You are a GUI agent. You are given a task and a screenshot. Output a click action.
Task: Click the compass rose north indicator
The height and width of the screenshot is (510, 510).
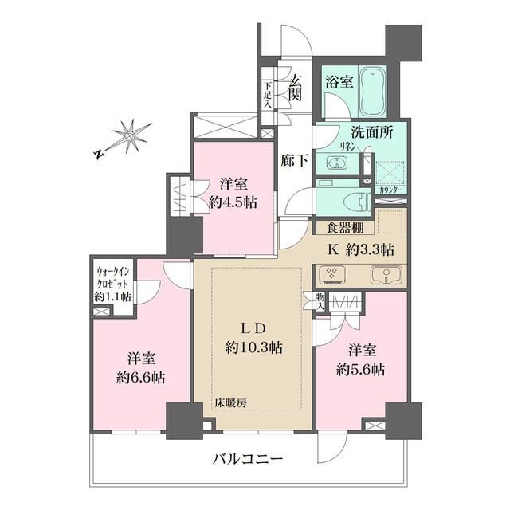click(x=127, y=136)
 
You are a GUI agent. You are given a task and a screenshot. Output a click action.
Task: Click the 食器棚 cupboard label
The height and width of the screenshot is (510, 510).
click(x=340, y=226)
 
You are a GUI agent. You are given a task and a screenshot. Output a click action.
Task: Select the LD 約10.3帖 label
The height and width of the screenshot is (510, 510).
click(x=253, y=338)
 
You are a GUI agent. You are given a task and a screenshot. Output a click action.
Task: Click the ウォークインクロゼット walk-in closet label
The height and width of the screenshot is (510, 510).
click(x=113, y=284)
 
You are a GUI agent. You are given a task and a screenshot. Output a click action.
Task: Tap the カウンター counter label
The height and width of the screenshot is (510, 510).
click(x=390, y=192)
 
